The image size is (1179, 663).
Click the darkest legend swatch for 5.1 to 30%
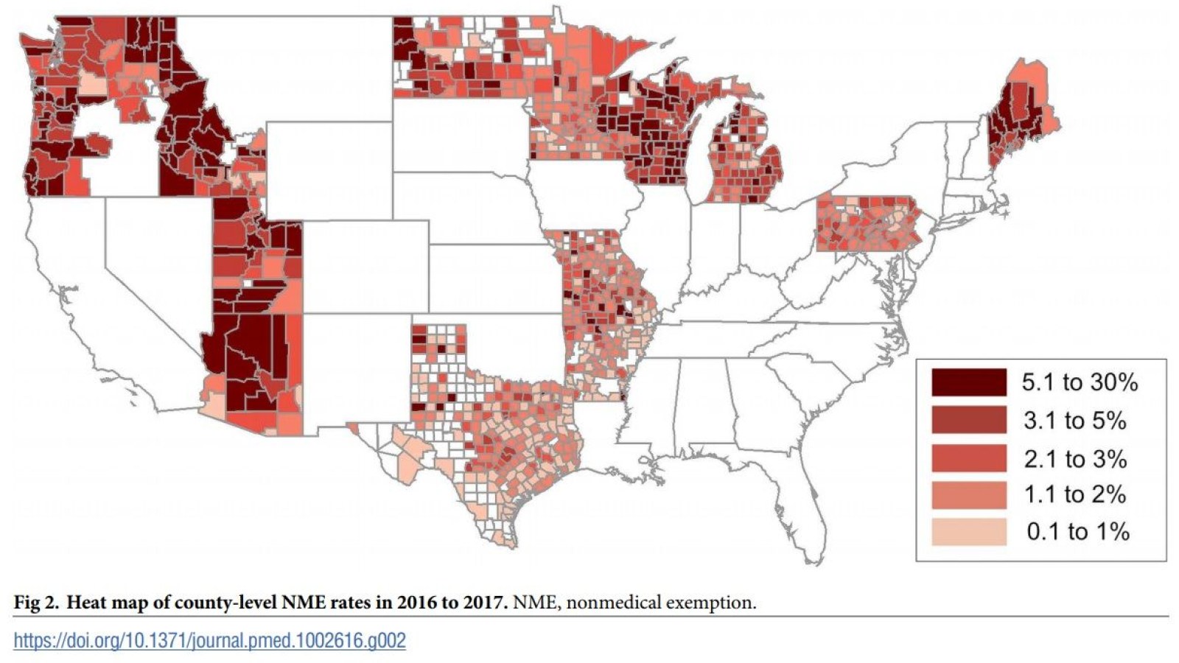(x=968, y=382)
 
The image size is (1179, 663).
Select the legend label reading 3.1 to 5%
(x=1074, y=421)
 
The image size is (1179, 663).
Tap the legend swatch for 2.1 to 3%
(x=968, y=458)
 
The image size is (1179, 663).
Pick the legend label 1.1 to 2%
(x=1074, y=495)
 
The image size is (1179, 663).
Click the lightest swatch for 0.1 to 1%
(x=968, y=532)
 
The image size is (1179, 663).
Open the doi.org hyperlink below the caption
(x=209, y=640)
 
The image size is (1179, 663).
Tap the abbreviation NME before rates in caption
(x=304, y=603)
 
